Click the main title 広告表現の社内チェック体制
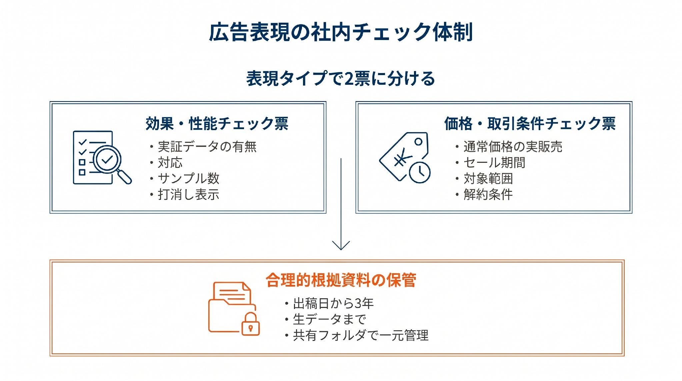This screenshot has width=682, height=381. [x=341, y=32]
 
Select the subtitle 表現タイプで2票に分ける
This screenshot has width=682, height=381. [x=341, y=79]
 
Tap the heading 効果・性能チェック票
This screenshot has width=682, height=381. [x=217, y=123]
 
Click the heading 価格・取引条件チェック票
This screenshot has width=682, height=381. [x=530, y=123]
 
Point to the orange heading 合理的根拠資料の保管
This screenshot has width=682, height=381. [x=341, y=280]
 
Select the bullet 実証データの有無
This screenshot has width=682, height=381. [x=207, y=146]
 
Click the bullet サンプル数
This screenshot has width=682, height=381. [x=188, y=178]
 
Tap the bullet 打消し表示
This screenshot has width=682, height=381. [x=188, y=195]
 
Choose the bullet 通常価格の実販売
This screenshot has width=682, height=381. [x=513, y=146]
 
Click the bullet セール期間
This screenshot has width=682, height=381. [x=494, y=162]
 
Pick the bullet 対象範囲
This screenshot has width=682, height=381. [x=488, y=178]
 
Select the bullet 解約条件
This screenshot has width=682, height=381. [x=488, y=195]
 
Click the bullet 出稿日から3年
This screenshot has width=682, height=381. [x=333, y=303]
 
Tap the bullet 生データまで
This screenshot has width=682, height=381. [x=329, y=319]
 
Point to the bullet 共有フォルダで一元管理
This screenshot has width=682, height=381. [x=361, y=335]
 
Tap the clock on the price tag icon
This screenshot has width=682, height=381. [x=420, y=172]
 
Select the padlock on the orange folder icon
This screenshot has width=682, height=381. [x=250, y=324]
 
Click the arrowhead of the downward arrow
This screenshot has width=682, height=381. [x=341, y=245]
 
